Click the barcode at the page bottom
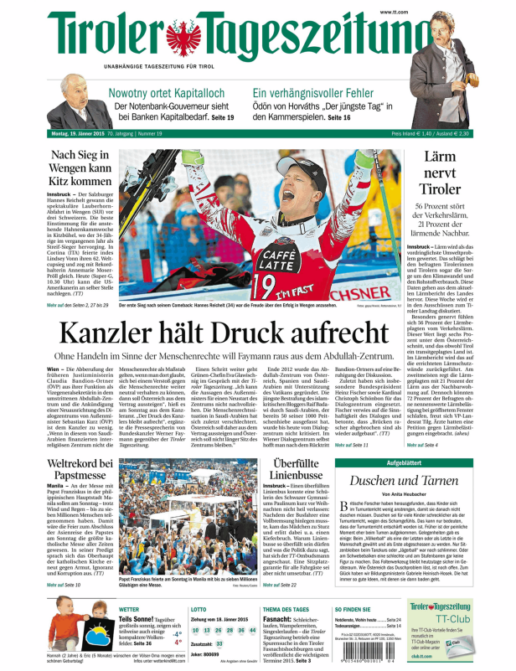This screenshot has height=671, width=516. (x=367, y=651)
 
